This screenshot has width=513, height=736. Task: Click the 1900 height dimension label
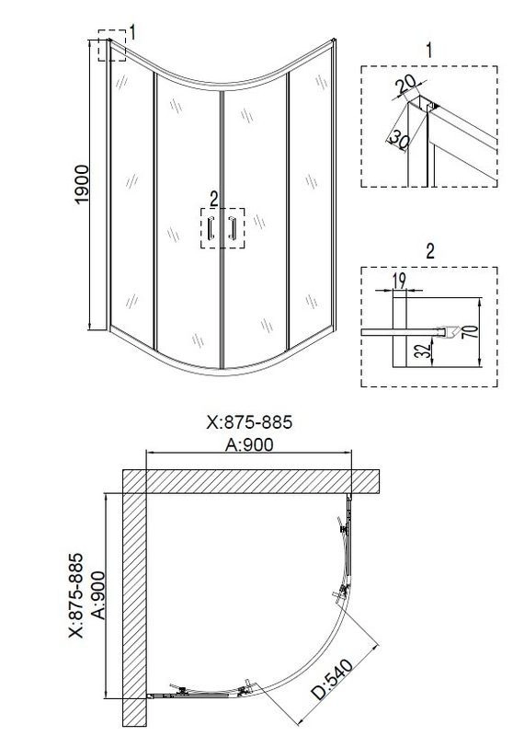pos(82,184)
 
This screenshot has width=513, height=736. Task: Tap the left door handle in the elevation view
pos(211,228)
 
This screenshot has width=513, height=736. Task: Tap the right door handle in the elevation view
pos(232,228)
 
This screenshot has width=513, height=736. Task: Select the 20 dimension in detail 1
pos(405,85)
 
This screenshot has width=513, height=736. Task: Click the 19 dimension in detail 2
pos(399,281)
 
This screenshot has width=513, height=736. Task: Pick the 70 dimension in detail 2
pos(473,332)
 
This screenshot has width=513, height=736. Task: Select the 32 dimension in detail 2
pos(423,351)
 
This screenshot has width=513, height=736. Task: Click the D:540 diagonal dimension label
pos(333,679)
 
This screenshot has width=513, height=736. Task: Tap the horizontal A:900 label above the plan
pos(249,444)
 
